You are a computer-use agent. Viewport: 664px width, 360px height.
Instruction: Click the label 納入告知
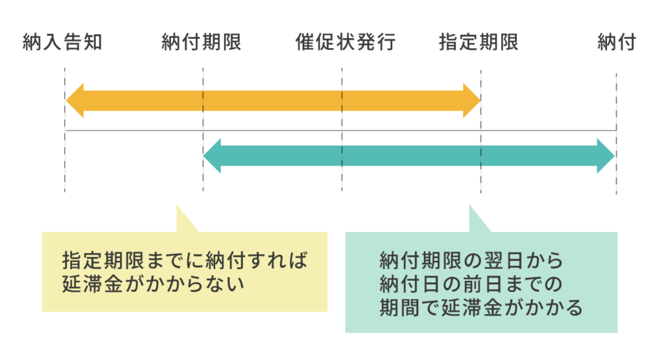(63, 43)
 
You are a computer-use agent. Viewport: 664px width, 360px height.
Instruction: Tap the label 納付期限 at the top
(202, 43)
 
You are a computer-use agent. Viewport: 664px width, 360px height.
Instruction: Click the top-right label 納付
(617, 43)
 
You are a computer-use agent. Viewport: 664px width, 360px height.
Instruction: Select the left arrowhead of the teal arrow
(213, 156)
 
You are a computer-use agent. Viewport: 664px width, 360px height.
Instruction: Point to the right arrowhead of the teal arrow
(605, 156)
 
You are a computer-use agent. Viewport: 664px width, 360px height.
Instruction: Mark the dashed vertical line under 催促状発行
(342, 178)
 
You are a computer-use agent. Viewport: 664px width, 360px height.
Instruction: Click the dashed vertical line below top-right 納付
(616, 182)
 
